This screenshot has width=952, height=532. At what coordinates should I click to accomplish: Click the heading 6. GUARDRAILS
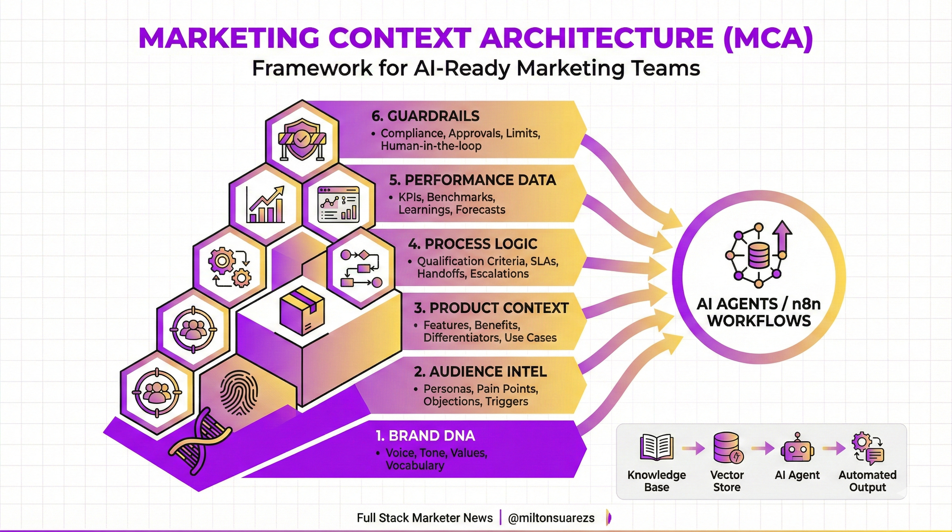click(425, 116)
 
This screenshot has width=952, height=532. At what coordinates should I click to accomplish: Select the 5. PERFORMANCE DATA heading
click(472, 180)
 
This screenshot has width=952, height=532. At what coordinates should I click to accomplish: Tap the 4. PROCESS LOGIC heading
click(473, 244)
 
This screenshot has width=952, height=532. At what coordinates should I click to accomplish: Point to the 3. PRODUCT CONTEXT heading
click(491, 308)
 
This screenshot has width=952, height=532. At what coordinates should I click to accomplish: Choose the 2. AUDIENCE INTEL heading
click(480, 372)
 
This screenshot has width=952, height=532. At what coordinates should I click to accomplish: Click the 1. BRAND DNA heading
click(425, 436)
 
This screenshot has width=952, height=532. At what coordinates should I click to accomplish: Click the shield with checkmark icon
click(302, 139)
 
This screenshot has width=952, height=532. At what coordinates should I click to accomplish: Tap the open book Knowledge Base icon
click(656, 447)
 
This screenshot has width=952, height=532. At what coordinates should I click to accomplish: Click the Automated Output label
click(867, 481)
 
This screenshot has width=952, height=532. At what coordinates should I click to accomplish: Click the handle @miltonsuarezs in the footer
click(551, 518)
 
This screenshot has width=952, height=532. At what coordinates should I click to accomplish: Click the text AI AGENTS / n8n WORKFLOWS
click(759, 312)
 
